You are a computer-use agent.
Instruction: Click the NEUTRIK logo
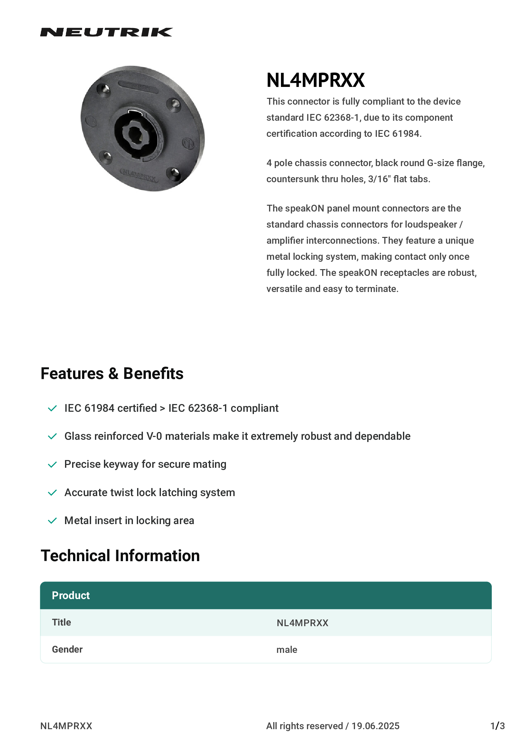click(106, 32)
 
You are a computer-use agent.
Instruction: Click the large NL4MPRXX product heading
click(315, 80)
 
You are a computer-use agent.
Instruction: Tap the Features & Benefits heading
click(112, 373)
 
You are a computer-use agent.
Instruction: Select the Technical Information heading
click(120, 556)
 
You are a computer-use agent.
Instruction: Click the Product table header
click(71, 596)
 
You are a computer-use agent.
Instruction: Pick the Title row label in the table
click(61, 623)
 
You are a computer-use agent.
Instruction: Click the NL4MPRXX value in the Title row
click(302, 623)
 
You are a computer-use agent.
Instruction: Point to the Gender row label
click(67, 650)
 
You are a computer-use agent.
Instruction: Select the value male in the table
click(286, 650)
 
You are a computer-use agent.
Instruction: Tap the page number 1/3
click(497, 726)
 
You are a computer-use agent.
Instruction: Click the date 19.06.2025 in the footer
click(375, 726)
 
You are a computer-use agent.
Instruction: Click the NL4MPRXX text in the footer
click(66, 726)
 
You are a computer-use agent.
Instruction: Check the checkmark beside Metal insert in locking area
click(52, 521)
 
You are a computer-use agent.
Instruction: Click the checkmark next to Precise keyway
click(52, 465)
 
